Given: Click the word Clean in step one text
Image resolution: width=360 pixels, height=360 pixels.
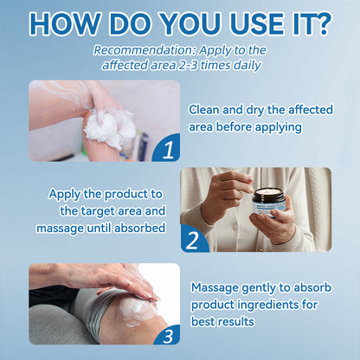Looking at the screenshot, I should pyautogui.click(x=206, y=108).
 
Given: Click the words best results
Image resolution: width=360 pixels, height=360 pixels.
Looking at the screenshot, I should pyautogui.click(x=222, y=321).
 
